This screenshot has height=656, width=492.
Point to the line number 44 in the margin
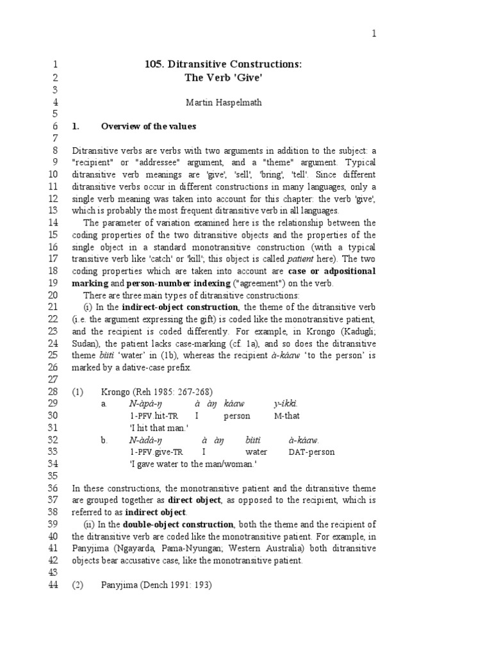tap(53, 585)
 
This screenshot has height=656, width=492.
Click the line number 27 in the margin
tap(53, 379)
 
